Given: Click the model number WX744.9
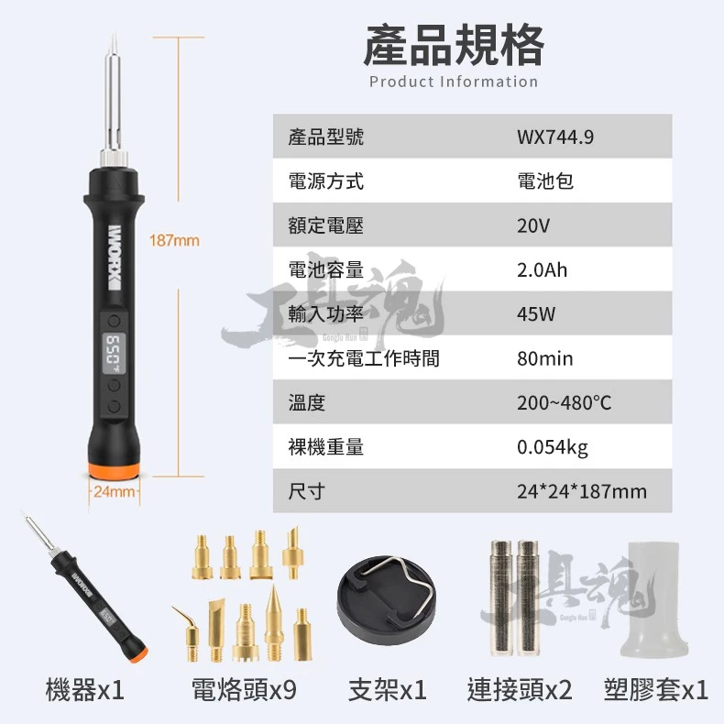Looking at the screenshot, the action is coord(555,137).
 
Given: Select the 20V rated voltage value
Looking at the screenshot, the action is coord(533,225).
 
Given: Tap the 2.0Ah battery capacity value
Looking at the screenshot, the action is coord(542,270).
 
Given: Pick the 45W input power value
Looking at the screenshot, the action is coord(536,314).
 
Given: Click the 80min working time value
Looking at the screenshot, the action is coord(545,358).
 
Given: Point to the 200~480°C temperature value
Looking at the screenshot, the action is coord(564,403).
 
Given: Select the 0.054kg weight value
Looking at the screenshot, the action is coord(553,447).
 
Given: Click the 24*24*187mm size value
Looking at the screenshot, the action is coord(582,492).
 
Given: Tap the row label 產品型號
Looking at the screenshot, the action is coord(326,137).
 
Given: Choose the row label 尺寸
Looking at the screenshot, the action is coord(307,492).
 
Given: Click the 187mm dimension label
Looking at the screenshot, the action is coord(174,240).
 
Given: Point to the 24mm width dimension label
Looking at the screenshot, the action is coord(114,492).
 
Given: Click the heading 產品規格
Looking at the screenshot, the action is coord(454,45).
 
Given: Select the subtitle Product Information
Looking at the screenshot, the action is coord(454,82).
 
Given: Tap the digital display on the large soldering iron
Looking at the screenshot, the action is coord(114,354).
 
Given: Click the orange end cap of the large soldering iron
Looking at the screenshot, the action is coord(114,470).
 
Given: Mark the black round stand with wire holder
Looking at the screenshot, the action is coord(387,599).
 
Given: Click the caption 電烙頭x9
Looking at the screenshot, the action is coord(244,690).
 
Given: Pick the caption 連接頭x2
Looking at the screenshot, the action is coord(520,690).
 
